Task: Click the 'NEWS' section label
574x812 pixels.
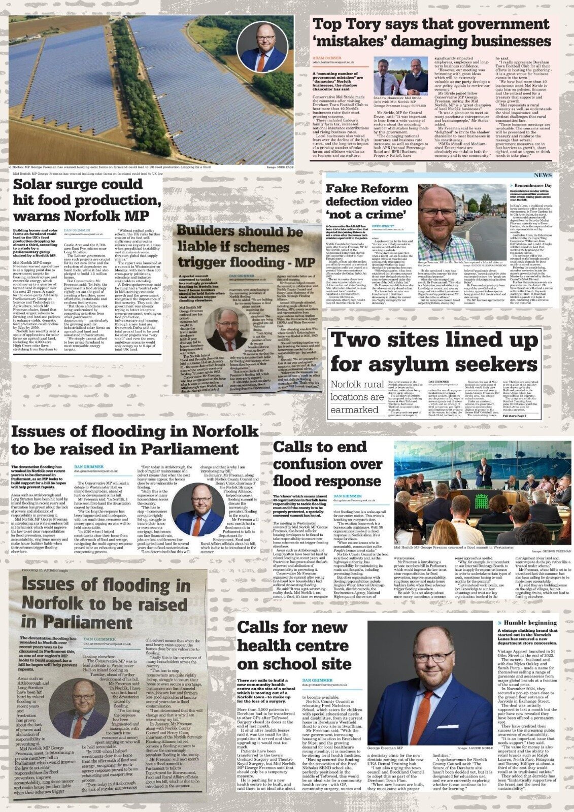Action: (x=543, y=175)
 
